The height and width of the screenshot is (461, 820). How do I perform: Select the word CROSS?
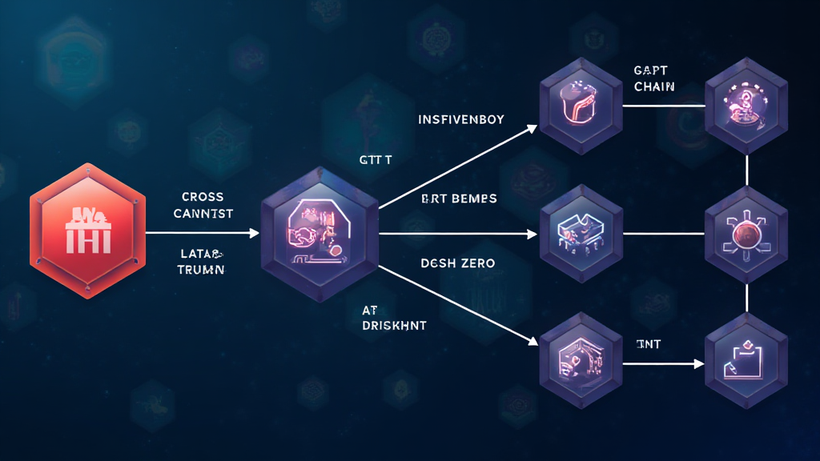tap(203, 196)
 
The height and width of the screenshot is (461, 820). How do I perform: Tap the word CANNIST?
tap(203, 214)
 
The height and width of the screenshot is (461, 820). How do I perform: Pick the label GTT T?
tap(376, 160)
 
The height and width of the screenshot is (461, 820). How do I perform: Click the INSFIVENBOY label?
tap(460, 120)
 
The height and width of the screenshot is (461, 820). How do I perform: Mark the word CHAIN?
tap(653, 86)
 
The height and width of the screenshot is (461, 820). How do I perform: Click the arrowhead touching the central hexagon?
tap(255, 234)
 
